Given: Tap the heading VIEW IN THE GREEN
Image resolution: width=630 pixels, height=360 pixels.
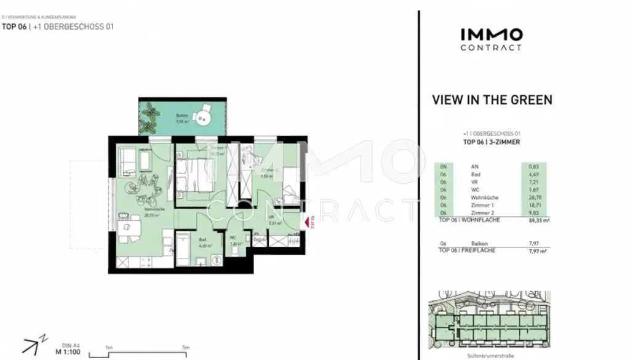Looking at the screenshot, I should [x=492, y=100].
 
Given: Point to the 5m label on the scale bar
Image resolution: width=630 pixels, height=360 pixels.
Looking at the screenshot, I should [x=186, y=348].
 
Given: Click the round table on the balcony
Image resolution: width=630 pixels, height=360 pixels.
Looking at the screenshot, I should [x=202, y=116].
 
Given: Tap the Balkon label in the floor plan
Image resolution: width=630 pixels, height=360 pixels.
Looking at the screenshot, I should [x=181, y=116].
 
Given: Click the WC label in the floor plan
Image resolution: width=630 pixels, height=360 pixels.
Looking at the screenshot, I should [x=233, y=239].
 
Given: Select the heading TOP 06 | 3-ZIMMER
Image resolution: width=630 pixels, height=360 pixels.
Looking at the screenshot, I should [x=492, y=142].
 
